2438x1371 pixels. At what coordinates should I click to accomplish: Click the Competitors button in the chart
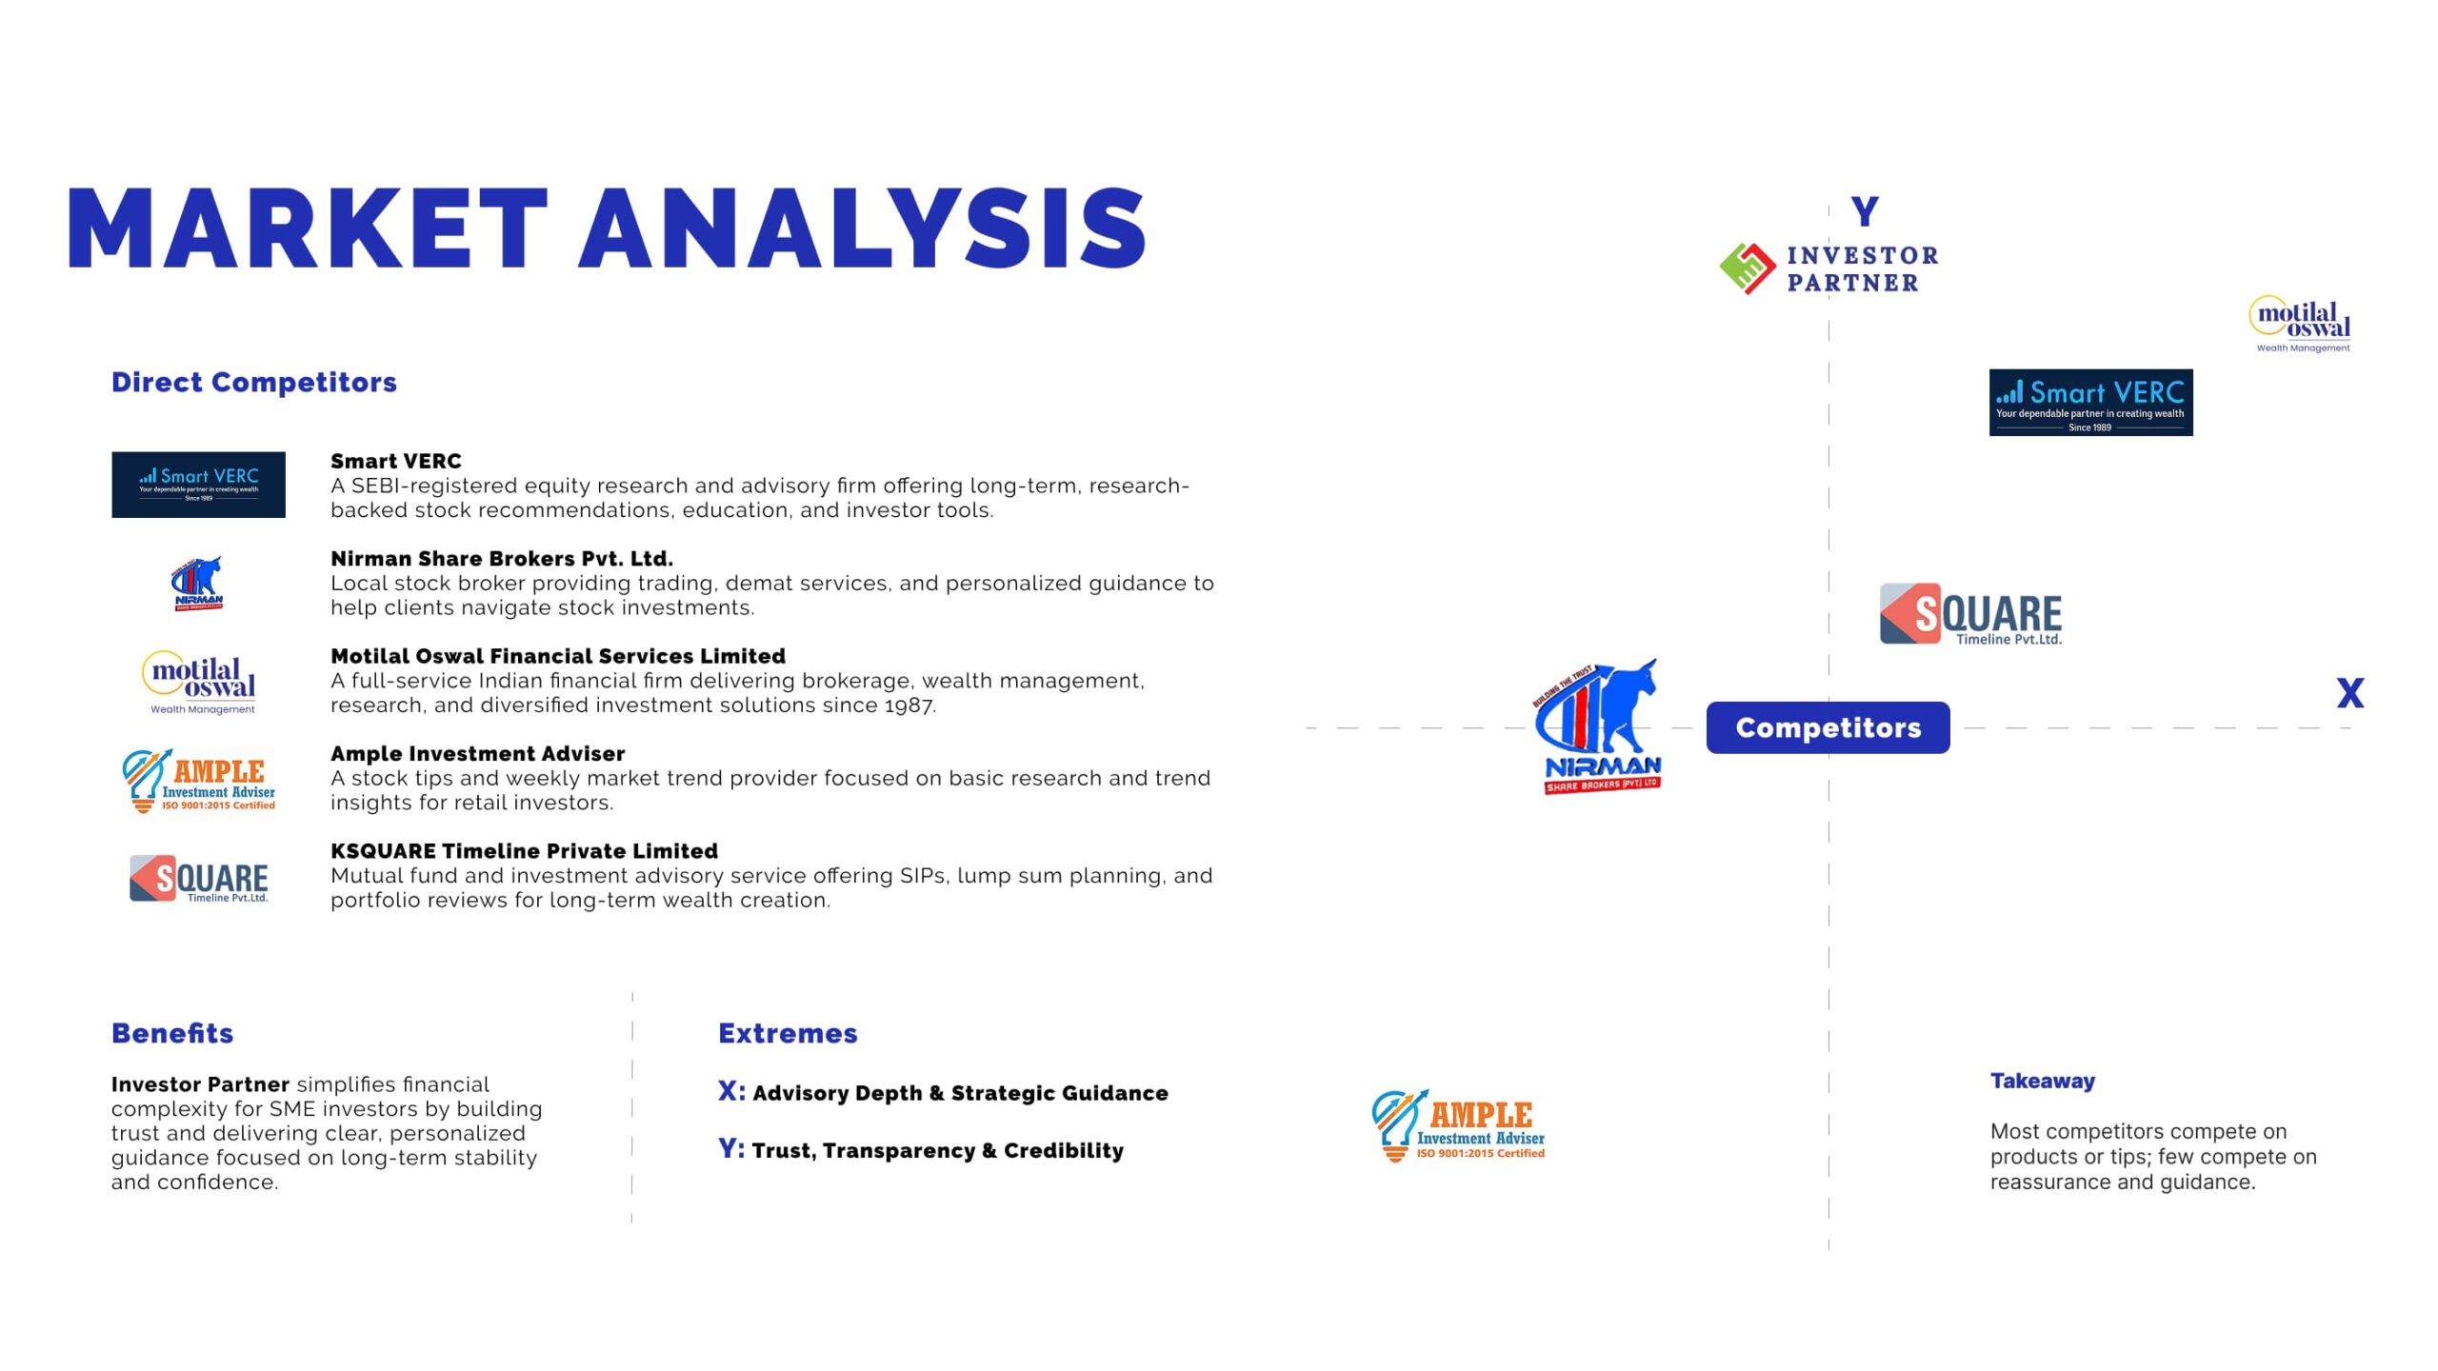click(x=1828, y=727)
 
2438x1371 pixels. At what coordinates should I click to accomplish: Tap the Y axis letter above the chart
click(x=1865, y=210)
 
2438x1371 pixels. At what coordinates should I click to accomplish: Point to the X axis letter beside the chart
click(x=2350, y=692)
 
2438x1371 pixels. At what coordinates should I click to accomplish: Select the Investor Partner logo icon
click(x=1748, y=268)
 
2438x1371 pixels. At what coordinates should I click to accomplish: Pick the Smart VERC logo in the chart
click(x=2091, y=403)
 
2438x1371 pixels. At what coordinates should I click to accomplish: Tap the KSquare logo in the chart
click(x=1970, y=614)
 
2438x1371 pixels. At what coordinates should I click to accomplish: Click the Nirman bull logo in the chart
click(x=1598, y=726)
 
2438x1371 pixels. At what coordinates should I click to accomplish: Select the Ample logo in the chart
click(x=1458, y=1125)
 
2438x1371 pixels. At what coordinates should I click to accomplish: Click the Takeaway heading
click(x=2042, y=1081)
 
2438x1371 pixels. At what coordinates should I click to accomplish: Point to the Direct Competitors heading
click(x=254, y=382)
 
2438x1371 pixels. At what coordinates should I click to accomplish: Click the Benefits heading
click(x=172, y=1033)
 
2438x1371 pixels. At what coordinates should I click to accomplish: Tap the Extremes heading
click(x=788, y=1033)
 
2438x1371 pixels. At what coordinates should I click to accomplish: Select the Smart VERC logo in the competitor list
click(x=198, y=485)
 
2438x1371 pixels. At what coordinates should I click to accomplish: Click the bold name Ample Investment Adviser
click(x=478, y=753)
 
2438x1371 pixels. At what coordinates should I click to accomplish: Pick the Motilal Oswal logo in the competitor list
click(x=199, y=682)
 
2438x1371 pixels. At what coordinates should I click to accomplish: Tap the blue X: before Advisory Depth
click(x=731, y=1091)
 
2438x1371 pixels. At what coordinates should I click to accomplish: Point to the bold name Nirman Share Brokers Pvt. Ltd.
click(x=502, y=558)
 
